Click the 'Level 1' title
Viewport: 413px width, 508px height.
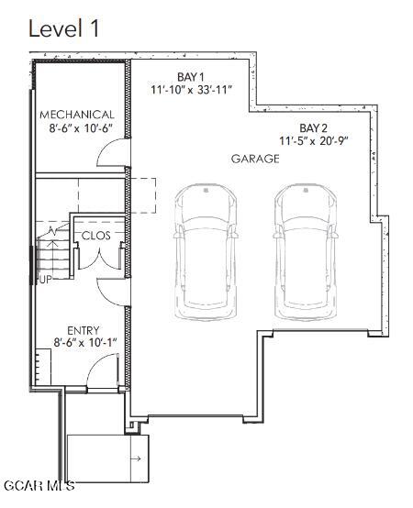click(x=63, y=28)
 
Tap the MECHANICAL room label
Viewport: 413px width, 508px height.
click(x=77, y=115)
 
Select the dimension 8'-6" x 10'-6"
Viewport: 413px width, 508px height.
click(x=81, y=128)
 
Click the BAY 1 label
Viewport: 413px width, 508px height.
click(x=191, y=77)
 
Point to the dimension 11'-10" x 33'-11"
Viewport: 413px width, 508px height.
click(x=192, y=90)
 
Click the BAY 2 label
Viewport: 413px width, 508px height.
click(x=313, y=128)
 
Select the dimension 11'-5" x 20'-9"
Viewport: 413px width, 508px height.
click(x=314, y=141)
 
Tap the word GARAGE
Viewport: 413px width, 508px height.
click(x=255, y=159)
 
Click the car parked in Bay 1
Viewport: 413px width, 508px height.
click(x=206, y=252)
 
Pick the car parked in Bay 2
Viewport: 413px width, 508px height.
click(x=306, y=252)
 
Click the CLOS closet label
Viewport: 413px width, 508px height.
click(x=95, y=236)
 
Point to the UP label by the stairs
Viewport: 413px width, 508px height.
click(x=45, y=280)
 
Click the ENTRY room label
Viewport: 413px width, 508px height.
click(x=83, y=330)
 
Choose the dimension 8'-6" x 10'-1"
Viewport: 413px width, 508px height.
click(x=85, y=342)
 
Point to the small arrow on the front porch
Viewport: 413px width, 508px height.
click(x=137, y=458)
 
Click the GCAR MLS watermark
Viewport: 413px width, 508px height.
click(x=39, y=485)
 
